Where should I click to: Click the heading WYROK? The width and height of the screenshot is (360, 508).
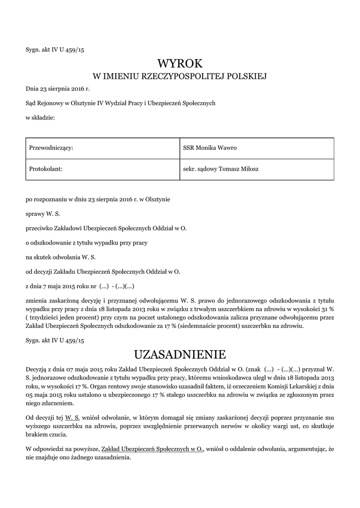pyautogui.click(x=180, y=63)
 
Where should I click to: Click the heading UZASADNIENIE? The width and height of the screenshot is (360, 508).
pyautogui.click(x=180, y=354)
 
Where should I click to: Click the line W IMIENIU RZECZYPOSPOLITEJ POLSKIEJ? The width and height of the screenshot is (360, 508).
pyautogui.click(x=180, y=76)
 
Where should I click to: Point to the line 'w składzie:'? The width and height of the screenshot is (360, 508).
pyautogui.click(x=40, y=118)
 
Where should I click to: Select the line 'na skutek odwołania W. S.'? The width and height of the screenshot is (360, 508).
pyautogui.click(x=61, y=257)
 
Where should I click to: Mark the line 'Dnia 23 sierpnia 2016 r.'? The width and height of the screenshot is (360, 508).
pyautogui.click(x=58, y=89)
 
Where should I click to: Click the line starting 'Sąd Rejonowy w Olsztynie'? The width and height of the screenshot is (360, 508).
pyautogui.click(x=120, y=103)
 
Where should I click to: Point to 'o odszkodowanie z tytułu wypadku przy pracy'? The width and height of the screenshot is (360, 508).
pyautogui.click(x=87, y=243)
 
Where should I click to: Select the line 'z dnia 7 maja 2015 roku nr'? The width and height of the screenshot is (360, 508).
pyautogui.click(x=79, y=286)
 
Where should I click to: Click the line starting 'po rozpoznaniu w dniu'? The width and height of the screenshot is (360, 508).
pyautogui.click(x=98, y=200)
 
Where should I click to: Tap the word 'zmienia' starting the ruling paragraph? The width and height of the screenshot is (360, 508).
pyautogui.click(x=36, y=301)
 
